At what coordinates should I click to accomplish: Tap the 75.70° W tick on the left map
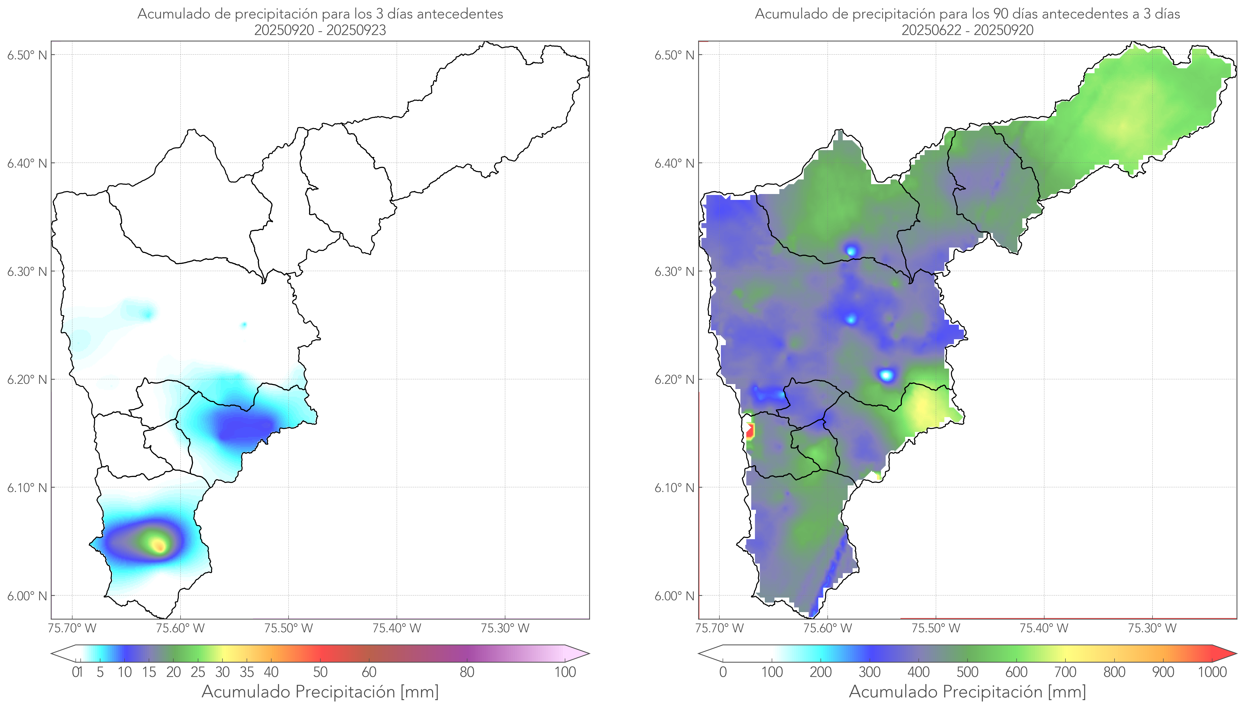pyautogui.click(x=72, y=628)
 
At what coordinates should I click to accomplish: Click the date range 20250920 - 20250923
pyautogui.click(x=320, y=30)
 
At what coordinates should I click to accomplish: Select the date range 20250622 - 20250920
pyautogui.click(x=967, y=30)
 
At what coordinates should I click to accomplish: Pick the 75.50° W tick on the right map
pyautogui.click(x=936, y=628)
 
